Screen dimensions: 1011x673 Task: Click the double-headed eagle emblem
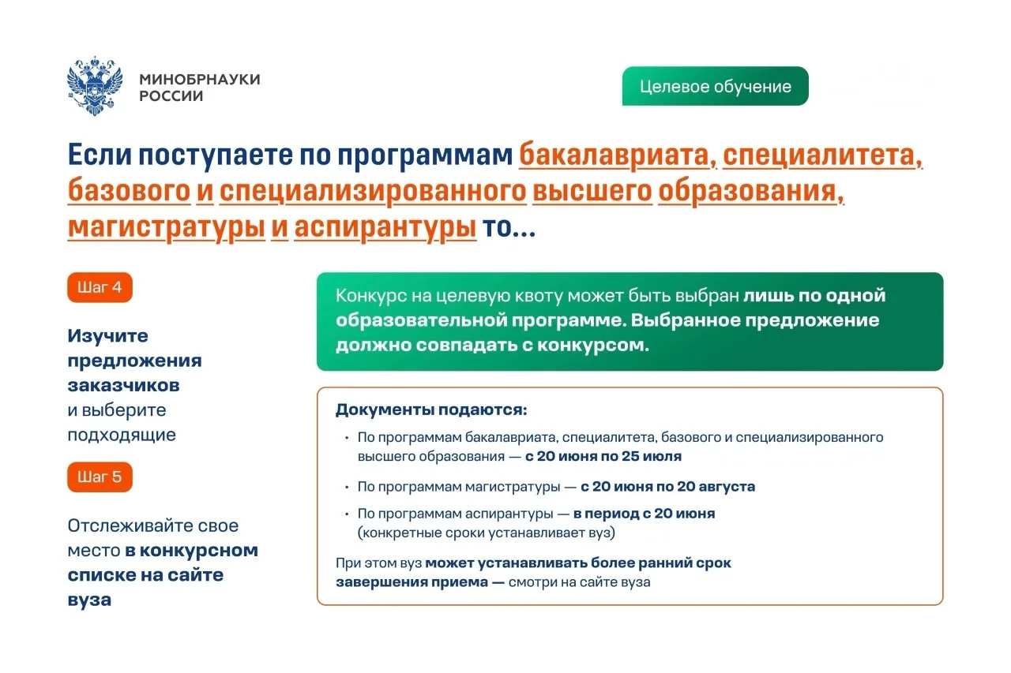click(95, 86)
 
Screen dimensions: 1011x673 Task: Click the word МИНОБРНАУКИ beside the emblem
click(200, 80)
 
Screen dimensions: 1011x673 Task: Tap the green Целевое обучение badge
click(715, 86)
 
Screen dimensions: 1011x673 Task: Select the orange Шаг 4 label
click(100, 287)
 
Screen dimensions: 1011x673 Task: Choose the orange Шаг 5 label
click(100, 477)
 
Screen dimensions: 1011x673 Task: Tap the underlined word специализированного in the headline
click(373, 192)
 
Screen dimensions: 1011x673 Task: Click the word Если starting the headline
click(100, 155)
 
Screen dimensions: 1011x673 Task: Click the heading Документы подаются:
click(431, 409)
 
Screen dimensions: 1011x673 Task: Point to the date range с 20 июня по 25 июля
click(603, 456)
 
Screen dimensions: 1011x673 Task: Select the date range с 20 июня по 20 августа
click(667, 487)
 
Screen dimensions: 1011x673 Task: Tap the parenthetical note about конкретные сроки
click(486, 533)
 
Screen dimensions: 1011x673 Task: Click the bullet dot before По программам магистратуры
click(347, 488)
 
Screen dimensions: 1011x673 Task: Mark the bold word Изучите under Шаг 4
click(108, 336)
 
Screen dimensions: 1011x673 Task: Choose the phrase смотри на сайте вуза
click(579, 582)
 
